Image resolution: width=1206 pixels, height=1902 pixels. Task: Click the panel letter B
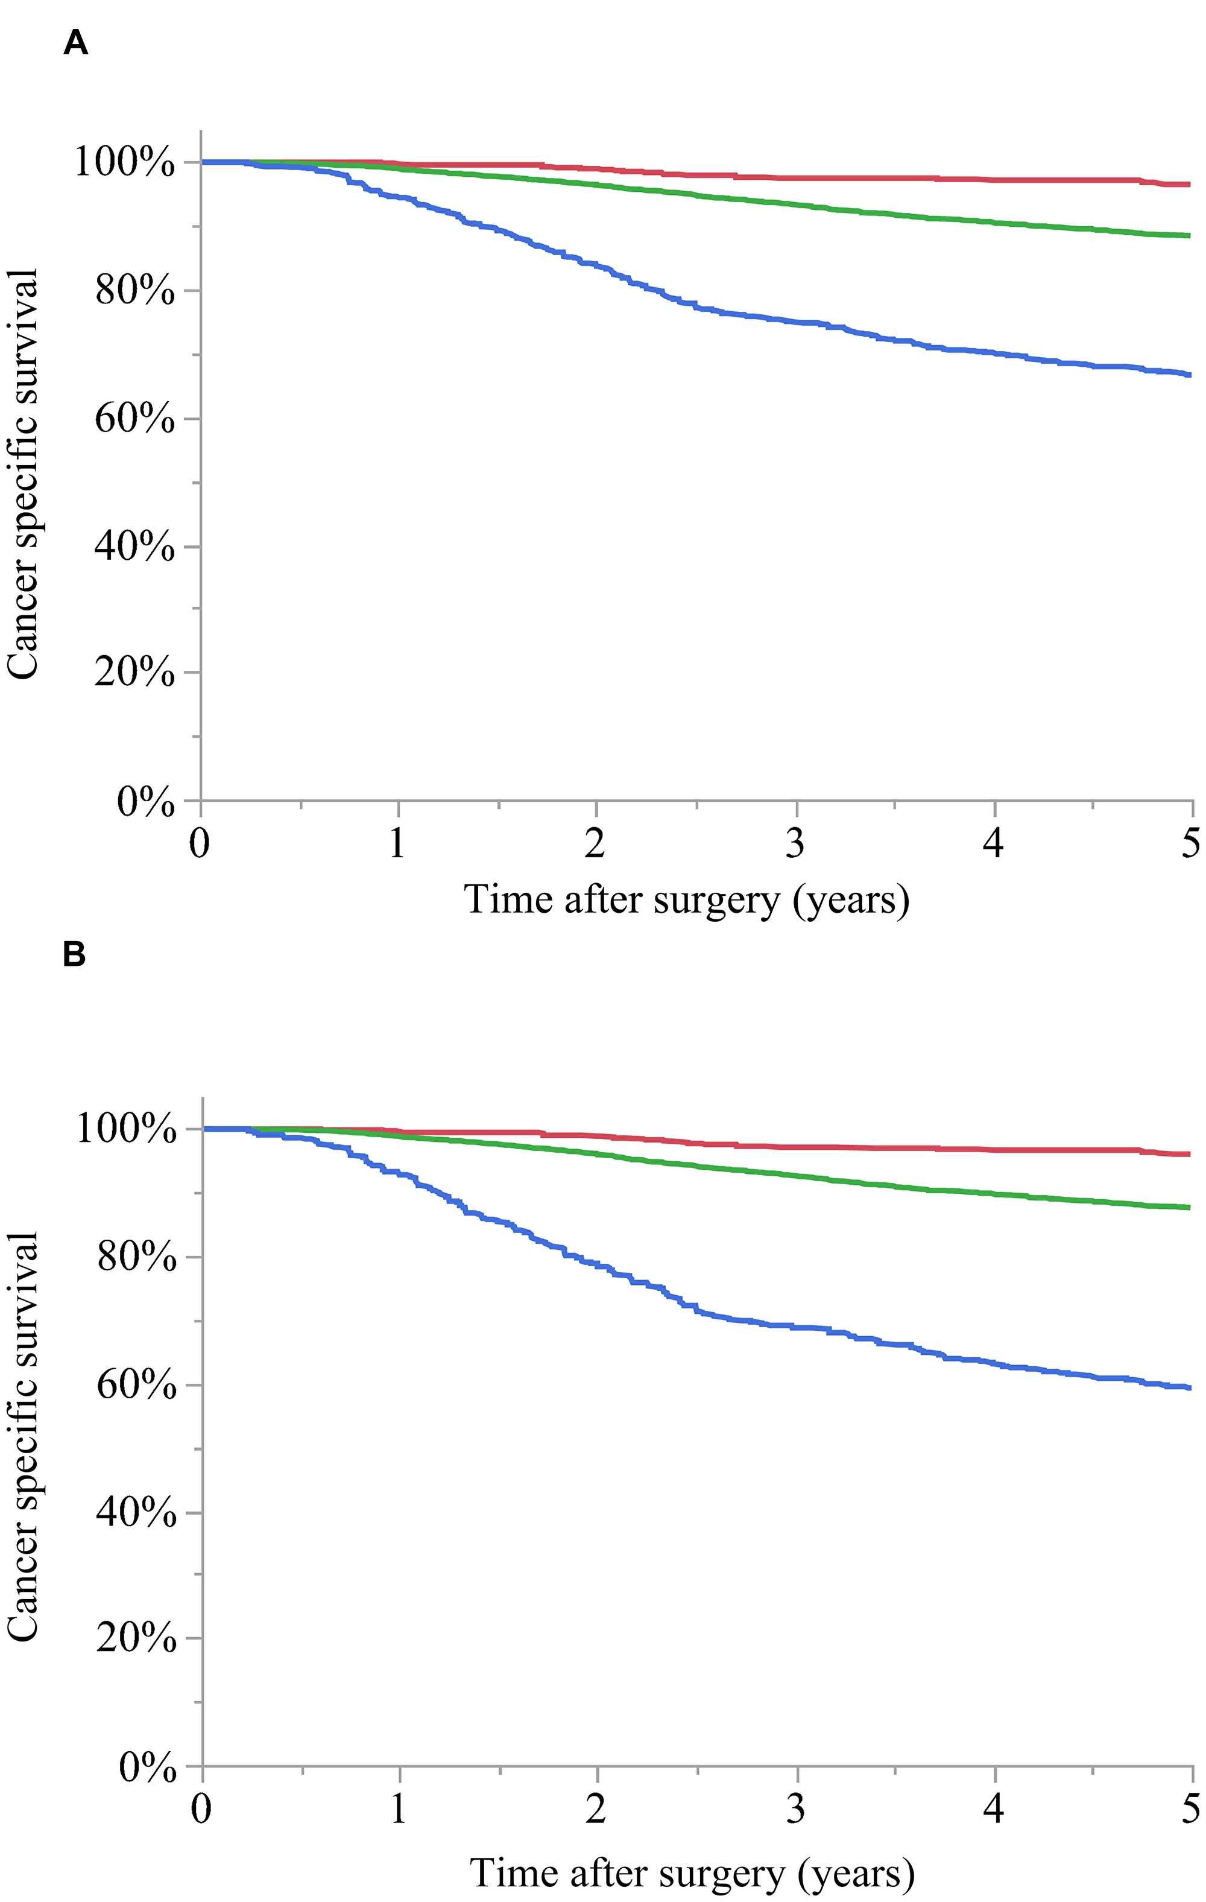click(x=74, y=954)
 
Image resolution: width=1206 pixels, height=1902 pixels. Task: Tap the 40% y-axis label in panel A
click(x=134, y=546)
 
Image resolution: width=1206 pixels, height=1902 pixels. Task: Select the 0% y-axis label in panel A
click(x=145, y=802)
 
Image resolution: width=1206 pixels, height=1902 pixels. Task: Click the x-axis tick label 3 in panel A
click(x=795, y=843)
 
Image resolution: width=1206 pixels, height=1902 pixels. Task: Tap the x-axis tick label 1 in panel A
click(x=397, y=843)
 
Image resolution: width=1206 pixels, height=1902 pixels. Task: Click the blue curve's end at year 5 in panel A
click(x=1189, y=375)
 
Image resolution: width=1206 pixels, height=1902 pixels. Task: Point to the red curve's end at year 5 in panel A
click(x=1189, y=184)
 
